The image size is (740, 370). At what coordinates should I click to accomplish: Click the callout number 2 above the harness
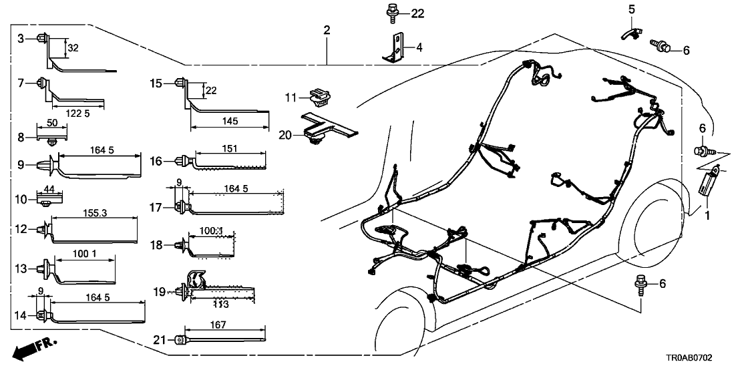(327, 29)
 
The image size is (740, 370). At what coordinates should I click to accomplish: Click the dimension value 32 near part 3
(74, 48)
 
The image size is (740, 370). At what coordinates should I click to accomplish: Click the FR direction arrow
(33, 347)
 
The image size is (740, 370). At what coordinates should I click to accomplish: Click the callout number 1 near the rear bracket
(709, 215)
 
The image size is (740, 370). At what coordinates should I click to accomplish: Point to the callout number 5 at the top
(630, 9)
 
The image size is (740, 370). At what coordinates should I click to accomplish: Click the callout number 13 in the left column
(22, 268)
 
